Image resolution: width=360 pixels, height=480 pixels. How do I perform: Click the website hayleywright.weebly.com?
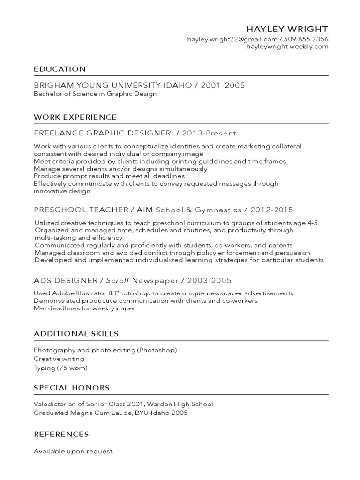[287, 47]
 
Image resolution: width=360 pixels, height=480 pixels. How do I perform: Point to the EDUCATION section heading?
[60, 69]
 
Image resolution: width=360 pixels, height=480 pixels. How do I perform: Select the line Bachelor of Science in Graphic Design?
[95, 94]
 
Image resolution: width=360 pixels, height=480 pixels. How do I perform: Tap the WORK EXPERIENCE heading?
[75, 117]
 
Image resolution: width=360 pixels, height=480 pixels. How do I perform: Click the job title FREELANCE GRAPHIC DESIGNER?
[102, 133]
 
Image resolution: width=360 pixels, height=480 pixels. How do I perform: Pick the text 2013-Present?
[209, 133]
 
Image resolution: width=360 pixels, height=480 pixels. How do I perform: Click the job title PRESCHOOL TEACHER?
[81, 210]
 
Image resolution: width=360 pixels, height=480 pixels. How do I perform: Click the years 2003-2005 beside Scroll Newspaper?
[210, 281]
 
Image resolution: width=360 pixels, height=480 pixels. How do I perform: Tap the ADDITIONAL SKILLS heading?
[76, 334]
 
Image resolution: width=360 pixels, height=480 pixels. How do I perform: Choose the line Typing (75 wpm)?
[60, 368]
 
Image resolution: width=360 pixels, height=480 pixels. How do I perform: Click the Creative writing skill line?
[59, 359]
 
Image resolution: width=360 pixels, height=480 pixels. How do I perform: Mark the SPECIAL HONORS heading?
[72, 388]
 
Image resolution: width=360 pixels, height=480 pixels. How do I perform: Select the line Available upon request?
[74, 451]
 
